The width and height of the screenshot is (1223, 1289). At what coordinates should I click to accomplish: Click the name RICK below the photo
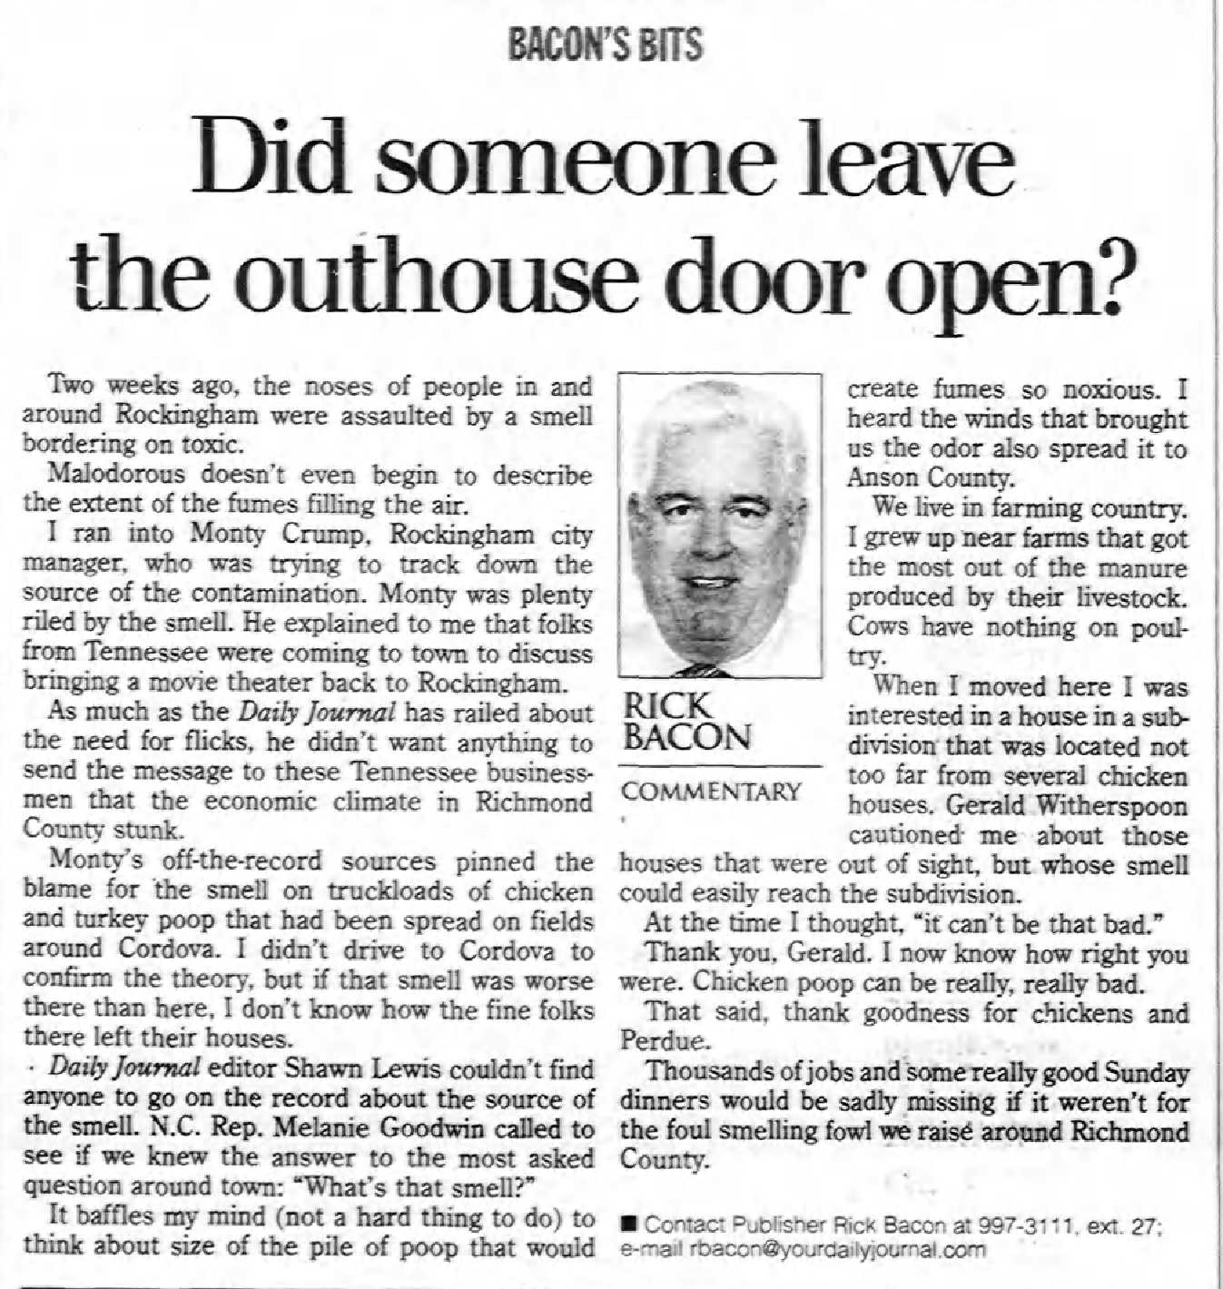tap(667, 705)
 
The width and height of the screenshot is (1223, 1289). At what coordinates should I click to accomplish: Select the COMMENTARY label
tap(711, 792)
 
